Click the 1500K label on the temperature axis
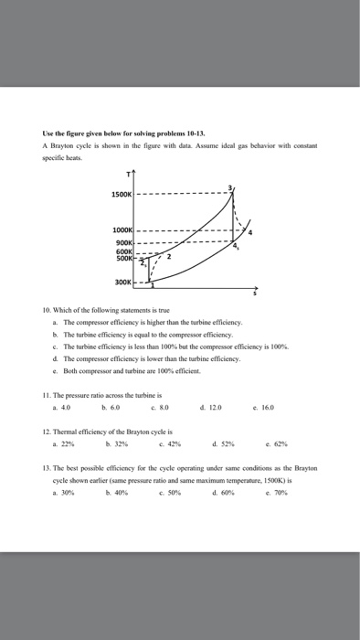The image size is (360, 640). point(122,194)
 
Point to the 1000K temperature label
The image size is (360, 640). point(122,229)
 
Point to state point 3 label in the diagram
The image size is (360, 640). point(232,187)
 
